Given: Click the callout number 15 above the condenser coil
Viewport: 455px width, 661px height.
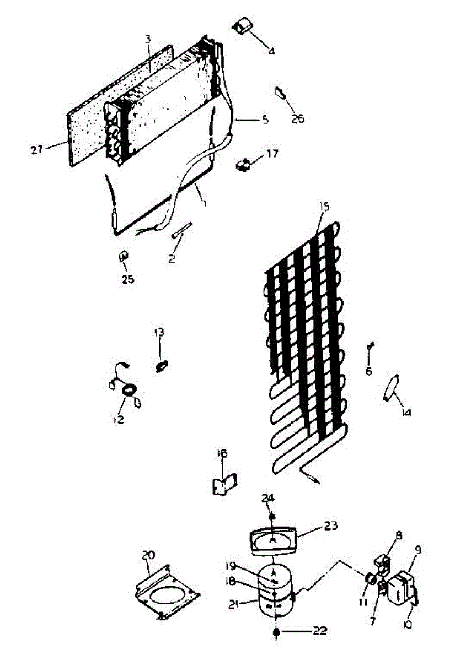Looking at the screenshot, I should point(324,207).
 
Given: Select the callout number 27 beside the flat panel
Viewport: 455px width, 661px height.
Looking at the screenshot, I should point(37,149).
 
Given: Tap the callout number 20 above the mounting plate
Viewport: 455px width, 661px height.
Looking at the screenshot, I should point(148,556).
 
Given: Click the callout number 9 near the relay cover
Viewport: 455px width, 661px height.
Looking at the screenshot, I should point(418,549).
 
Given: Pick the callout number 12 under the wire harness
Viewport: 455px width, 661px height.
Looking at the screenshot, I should point(119,420).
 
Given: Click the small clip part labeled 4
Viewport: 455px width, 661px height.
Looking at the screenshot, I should point(243,25).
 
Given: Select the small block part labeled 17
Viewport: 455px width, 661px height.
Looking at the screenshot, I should point(243,164).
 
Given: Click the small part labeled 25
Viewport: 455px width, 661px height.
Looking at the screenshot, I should point(124,257).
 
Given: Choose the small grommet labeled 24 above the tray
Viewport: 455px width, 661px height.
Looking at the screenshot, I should point(272,516).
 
